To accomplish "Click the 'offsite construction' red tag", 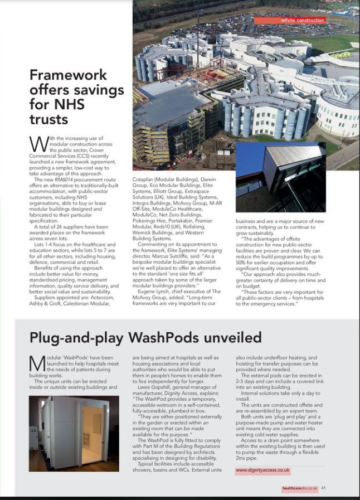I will point(295,20).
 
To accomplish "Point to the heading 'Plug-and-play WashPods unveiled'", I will point(145,337).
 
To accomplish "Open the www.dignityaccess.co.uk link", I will point(263,470).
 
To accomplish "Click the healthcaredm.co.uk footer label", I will point(299,488).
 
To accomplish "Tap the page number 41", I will point(323,488).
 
